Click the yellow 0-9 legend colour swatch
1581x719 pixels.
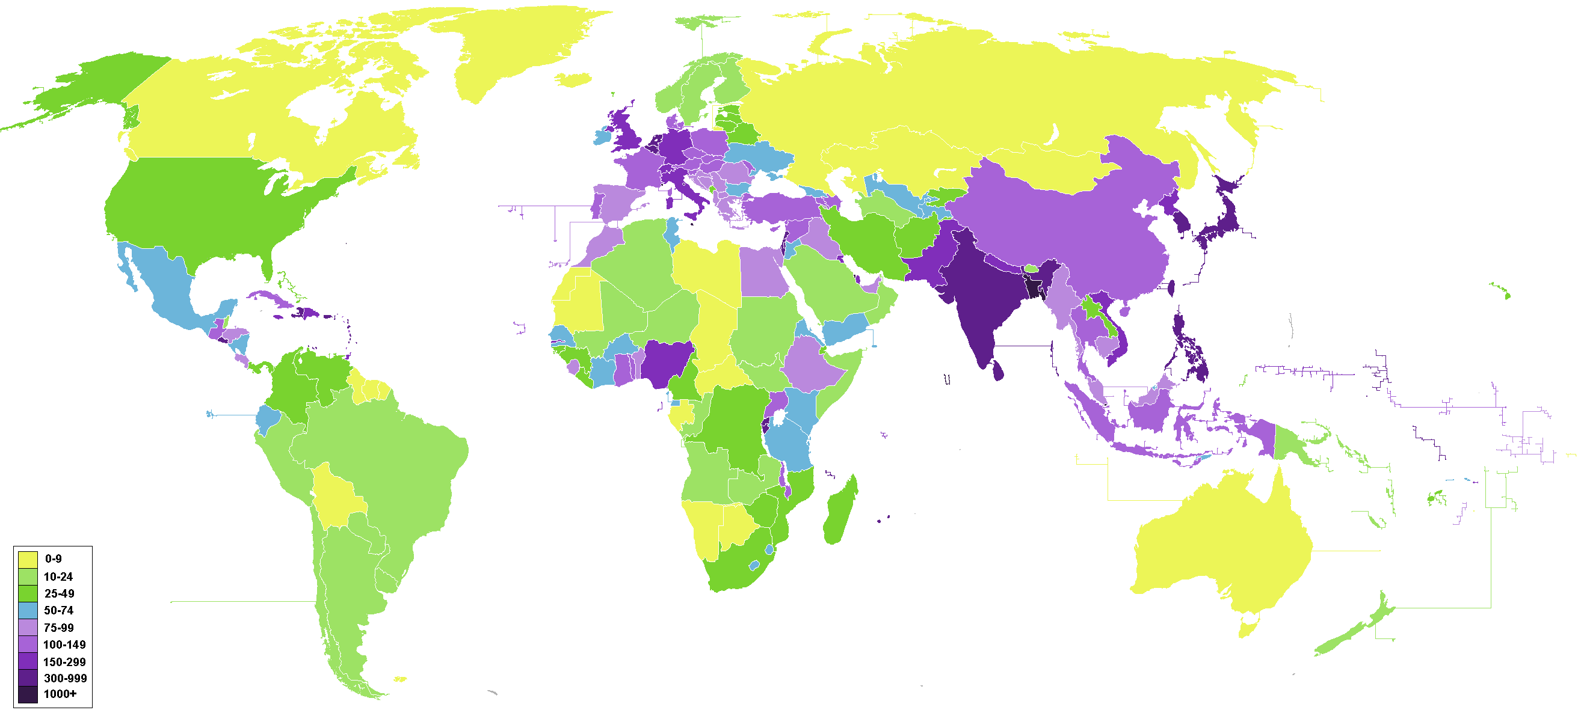click(x=28, y=560)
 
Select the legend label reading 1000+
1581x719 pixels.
click(x=60, y=694)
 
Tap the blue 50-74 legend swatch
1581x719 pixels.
click(x=28, y=611)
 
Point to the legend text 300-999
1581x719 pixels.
click(x=64, y=679)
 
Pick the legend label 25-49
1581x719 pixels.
click(x=59, y=594)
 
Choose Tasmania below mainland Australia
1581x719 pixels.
click(x=1248, y=628)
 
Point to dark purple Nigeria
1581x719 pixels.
click(x=667, y=362)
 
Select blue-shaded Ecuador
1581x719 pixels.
click(x=268, y=419)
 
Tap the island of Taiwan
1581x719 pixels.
click(x=1170, y=288)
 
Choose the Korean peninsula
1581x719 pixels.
click(x=1181, y=215)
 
